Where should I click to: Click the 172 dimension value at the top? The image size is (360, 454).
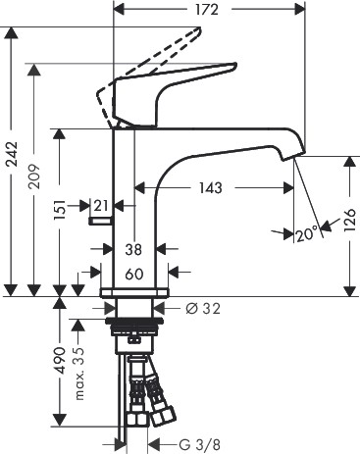pos(207,10)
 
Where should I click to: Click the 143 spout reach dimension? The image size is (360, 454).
pos(211,188)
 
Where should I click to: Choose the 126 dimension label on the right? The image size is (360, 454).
pos(349,220)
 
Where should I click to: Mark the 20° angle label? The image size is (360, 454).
pos(307,234)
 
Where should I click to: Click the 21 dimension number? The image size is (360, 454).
pos(101,206)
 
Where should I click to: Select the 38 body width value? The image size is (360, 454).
pos(133,250)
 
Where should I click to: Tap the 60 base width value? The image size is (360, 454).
pos(134,275)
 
